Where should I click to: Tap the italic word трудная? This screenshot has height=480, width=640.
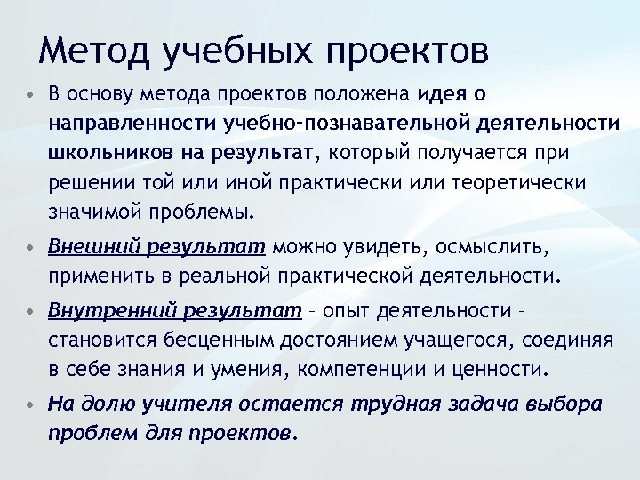(390, 404)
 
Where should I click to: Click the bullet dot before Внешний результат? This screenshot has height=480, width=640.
(31, 246)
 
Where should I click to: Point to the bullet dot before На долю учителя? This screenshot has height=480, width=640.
(31, 404)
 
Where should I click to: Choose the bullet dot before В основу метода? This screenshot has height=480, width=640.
(31, 92)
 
